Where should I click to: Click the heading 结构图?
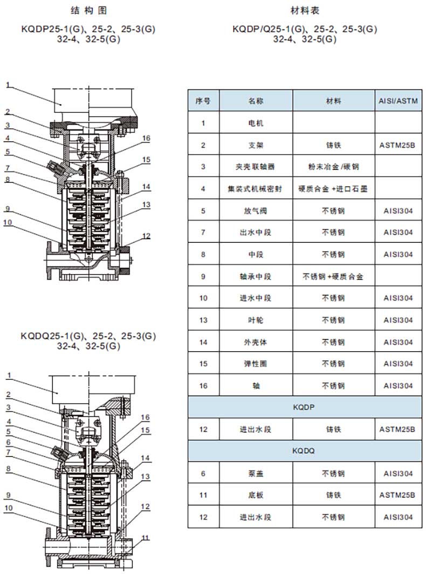(x=88, y=11)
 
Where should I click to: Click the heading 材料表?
(x=305, y=11)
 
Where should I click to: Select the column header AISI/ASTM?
(x=398, y=101)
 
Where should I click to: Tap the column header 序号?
(x=203, y=101)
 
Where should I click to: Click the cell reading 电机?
(x=256, y=123)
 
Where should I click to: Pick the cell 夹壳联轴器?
(x=256, y=167)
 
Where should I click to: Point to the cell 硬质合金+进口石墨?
(x=333, y=189)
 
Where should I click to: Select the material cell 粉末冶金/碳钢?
(x=333, y=167)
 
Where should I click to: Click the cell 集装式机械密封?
(x=256, y=189)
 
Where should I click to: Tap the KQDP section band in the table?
(x=305, y=407)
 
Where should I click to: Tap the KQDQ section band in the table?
(x=305, y=451)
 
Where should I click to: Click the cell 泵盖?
(x=256, y=474)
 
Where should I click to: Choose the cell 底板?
(x=256, y=495)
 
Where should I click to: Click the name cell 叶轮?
(x=256, y=320)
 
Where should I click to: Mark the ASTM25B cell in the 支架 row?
(x=397, y=145)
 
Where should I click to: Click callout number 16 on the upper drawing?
(x=146, y=138)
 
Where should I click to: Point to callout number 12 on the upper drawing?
(x=146, y=236)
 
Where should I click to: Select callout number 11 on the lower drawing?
(x=146, y=538)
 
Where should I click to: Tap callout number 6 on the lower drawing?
(x=9, y=442)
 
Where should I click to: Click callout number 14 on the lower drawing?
(x=145, y=458)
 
